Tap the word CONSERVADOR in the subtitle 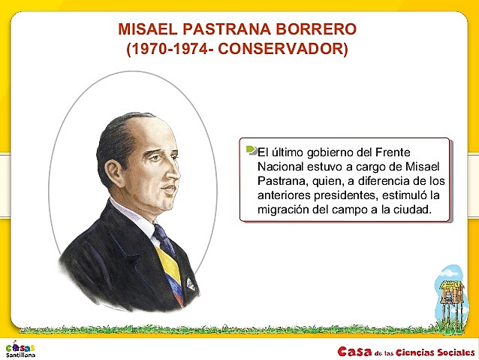click(x=292, y=50)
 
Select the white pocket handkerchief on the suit click(x=191, y=285)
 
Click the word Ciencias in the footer click(x=408, y=351)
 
